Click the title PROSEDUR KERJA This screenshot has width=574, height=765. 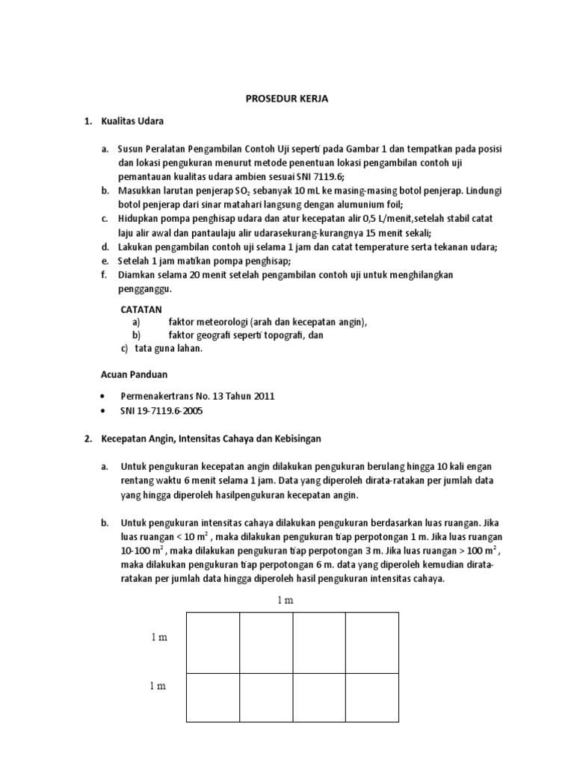288,98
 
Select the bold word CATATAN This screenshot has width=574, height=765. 141,309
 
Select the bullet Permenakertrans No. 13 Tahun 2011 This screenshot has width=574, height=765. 192,396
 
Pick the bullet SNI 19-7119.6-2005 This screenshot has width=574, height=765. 161,410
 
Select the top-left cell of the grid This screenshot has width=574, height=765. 213,642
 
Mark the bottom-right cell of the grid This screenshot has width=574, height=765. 371,698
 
